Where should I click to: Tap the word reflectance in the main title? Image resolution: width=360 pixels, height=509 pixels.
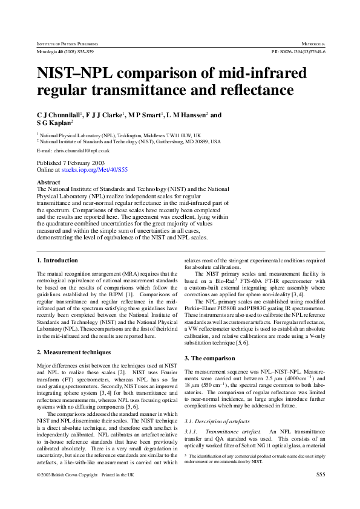coord(257,91)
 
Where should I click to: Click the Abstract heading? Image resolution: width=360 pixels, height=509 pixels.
coord(48,182)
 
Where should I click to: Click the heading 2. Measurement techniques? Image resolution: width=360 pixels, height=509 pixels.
coord(74,352)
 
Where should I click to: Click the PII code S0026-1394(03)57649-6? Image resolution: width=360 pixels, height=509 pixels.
coord(299,53)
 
